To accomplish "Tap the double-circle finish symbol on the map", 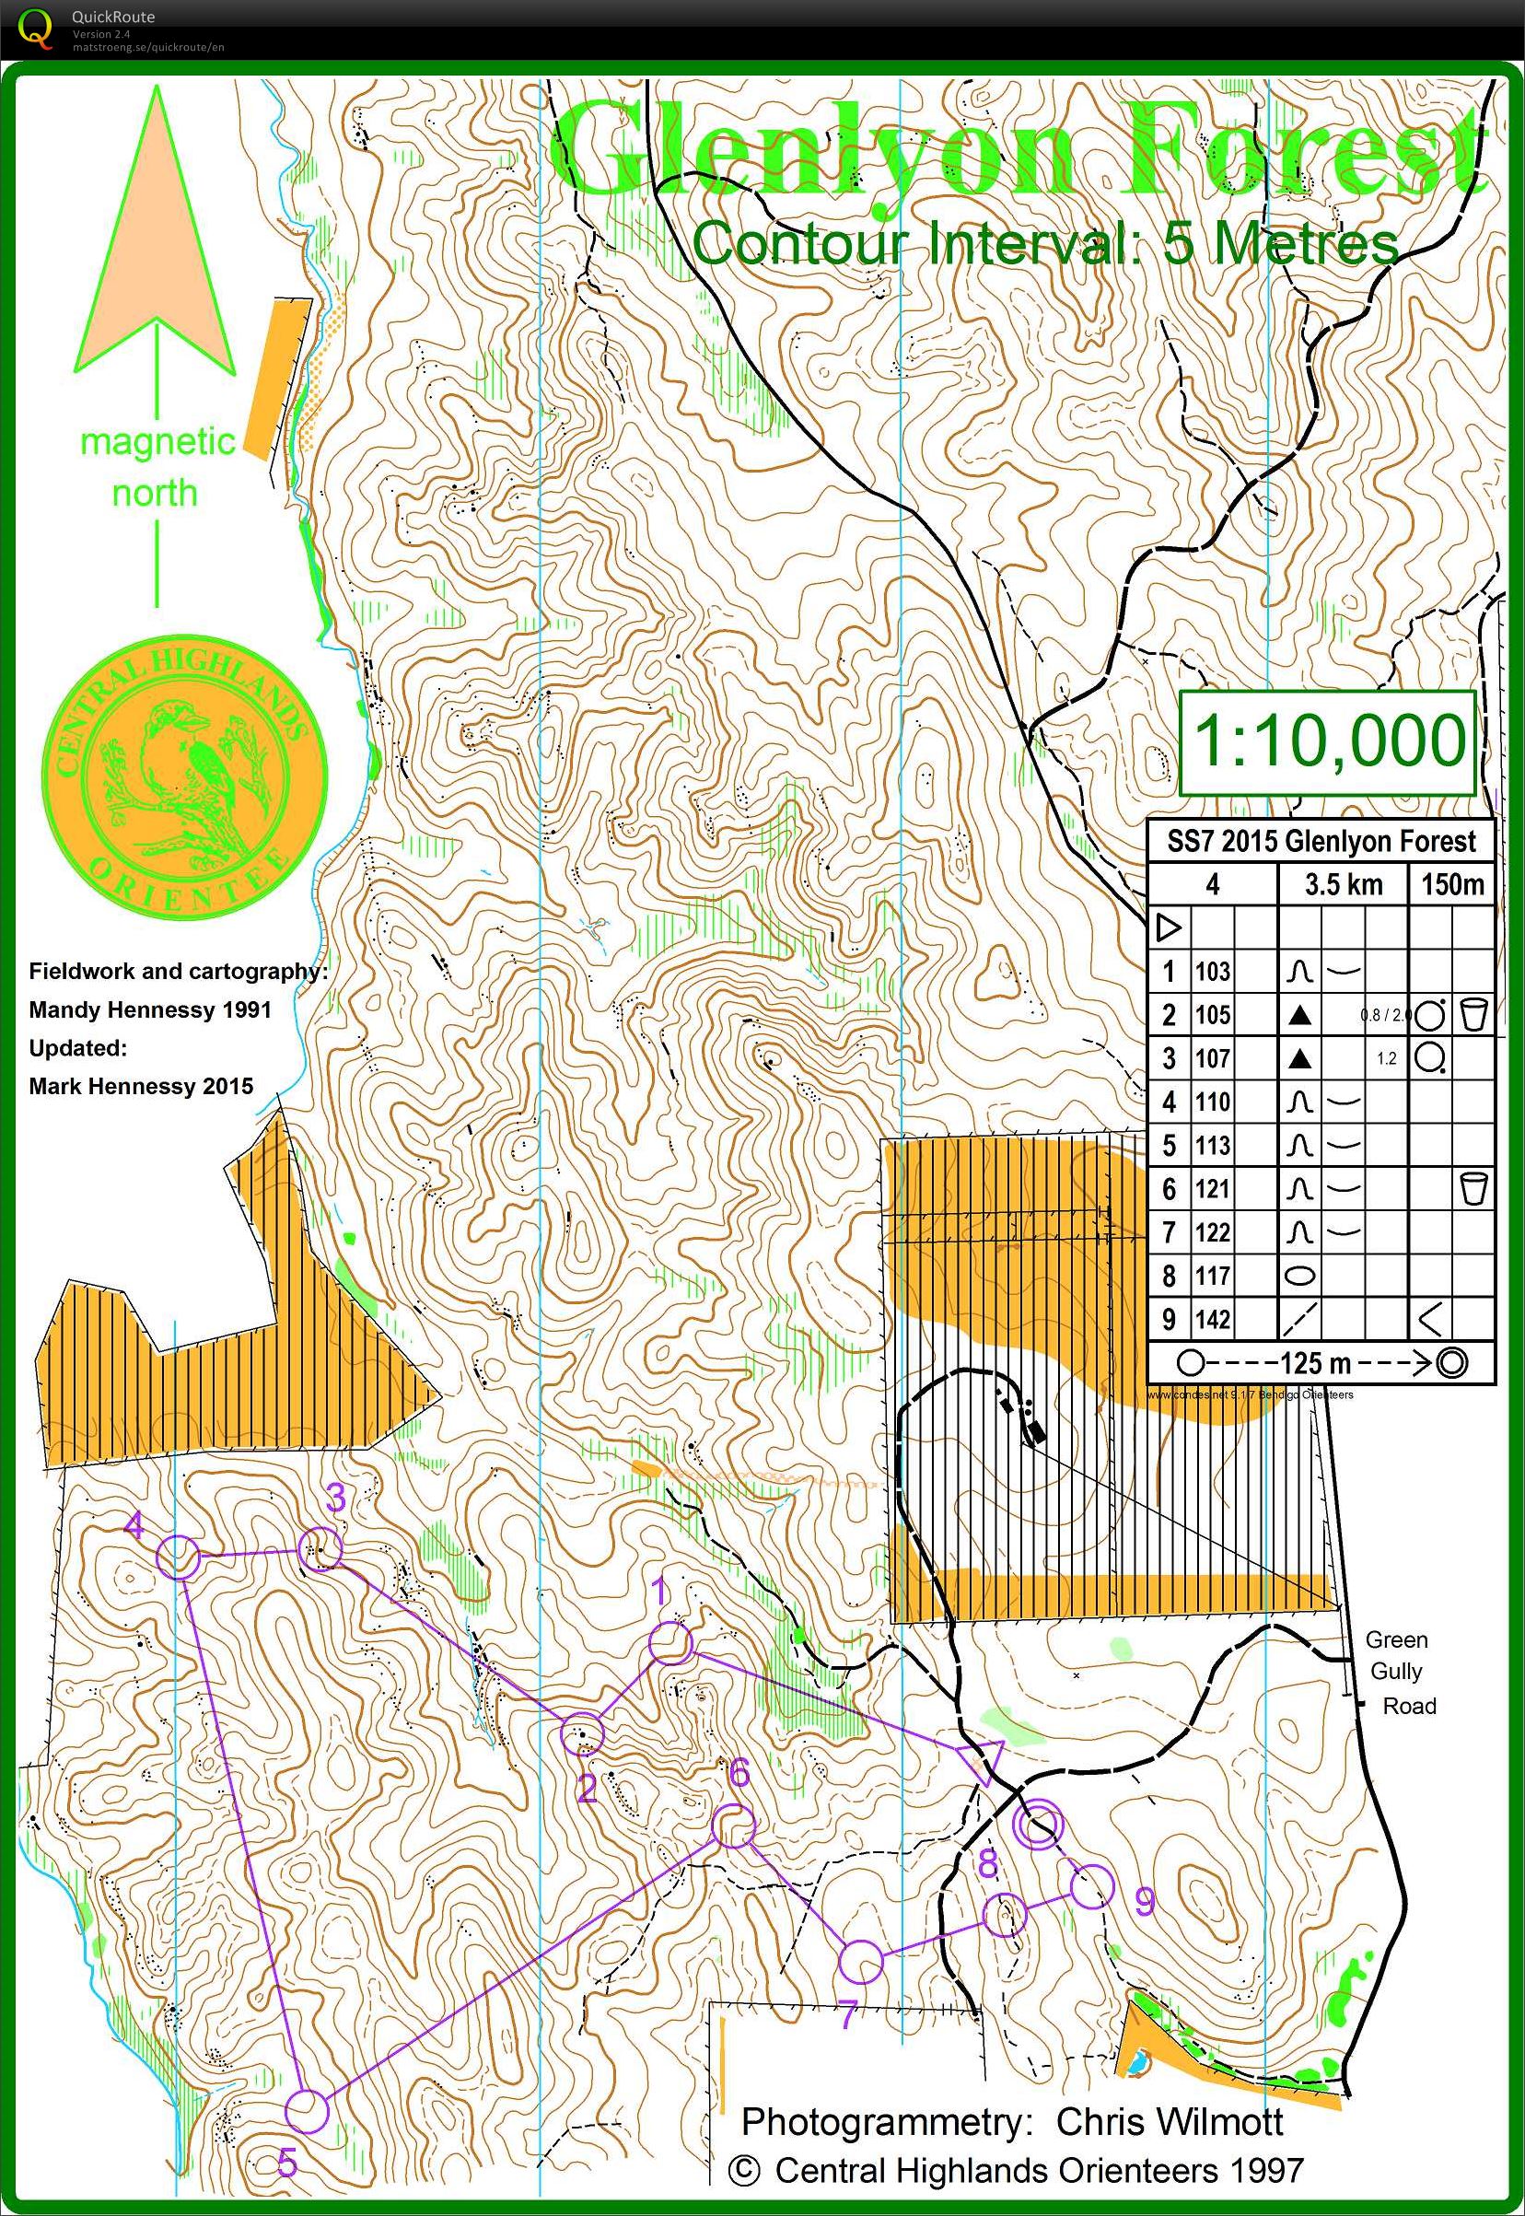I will [x=1038, y=1826].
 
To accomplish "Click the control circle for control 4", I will [x=178, y=1557].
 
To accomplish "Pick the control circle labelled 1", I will [x=669, y=1645].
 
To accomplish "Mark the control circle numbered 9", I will [x=1092, y=1885].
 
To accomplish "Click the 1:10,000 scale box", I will [x=1328, y=742].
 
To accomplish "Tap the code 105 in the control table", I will [x=1212, y=1015].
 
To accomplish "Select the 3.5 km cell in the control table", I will [x=1344, y=885].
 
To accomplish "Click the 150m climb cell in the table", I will [x=1451, y=885].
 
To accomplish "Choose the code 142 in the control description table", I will [x=1212, y=1320].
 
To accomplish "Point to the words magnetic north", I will [x=157, y=467].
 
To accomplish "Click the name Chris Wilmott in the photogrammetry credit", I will [x=1170, y=2122].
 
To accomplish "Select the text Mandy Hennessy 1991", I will [x=150, y=1010].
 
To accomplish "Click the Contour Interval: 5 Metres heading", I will [x=1045, y=244].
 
